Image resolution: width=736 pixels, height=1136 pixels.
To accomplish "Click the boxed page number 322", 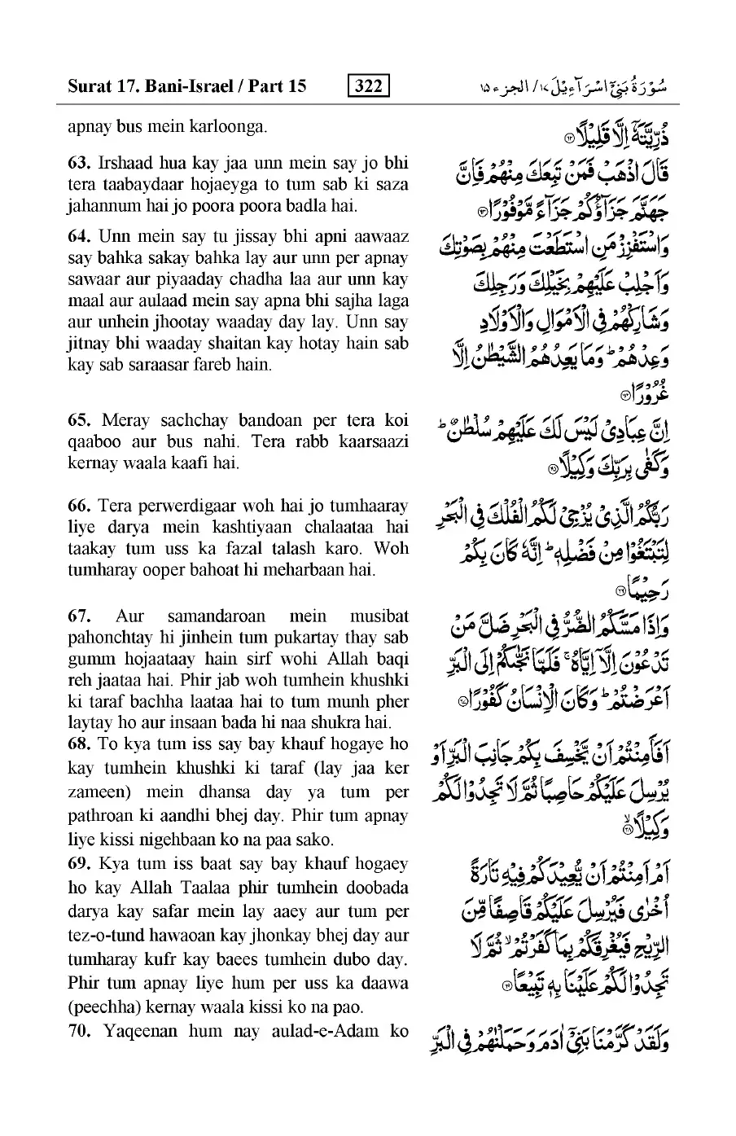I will coord(368,86).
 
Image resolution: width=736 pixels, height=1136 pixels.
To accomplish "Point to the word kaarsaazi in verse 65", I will coord(370,442).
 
